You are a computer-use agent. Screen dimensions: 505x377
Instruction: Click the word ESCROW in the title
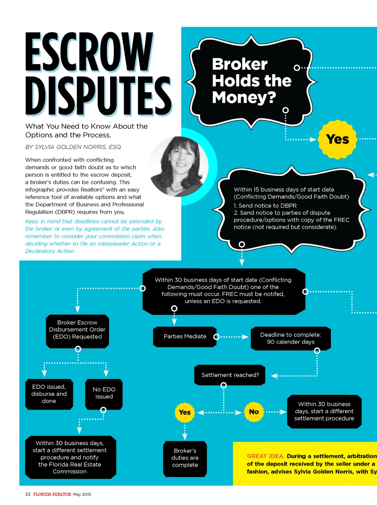tap(89, 52)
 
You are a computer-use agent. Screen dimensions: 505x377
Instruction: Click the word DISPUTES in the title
tap(98, 96)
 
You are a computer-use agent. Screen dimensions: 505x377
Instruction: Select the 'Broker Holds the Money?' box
tap(251, 81)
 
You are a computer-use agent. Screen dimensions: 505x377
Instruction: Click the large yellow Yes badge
tap(337, 139)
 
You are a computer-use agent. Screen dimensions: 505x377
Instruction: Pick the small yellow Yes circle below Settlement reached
tap(185, 412)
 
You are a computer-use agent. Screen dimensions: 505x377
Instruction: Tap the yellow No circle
tap(254, 412)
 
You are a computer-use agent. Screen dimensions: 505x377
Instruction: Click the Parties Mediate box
tap(185, 337)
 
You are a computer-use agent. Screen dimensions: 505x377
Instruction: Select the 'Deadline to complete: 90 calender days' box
tap(290, 338)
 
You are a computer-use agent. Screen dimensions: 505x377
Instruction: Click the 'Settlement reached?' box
tap(230, 375)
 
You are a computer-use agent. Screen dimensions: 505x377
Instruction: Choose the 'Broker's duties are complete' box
tap(185, 458)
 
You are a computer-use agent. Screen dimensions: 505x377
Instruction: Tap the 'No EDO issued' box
tap(104, 393)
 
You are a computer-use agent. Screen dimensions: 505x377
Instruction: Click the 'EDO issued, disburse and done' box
tap(49, 394)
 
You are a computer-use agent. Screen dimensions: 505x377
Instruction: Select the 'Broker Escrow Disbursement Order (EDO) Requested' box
tap(77, 330)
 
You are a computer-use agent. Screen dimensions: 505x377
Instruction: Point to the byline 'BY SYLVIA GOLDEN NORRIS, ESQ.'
tap(73, 147)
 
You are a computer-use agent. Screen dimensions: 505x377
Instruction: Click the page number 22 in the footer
tap(28, 494)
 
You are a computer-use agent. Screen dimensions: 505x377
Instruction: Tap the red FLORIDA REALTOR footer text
tap(52, 494)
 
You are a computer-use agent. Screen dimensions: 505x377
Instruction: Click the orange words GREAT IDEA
tap(265, 456)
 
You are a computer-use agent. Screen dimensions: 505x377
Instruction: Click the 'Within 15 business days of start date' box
tap(291, 208)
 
